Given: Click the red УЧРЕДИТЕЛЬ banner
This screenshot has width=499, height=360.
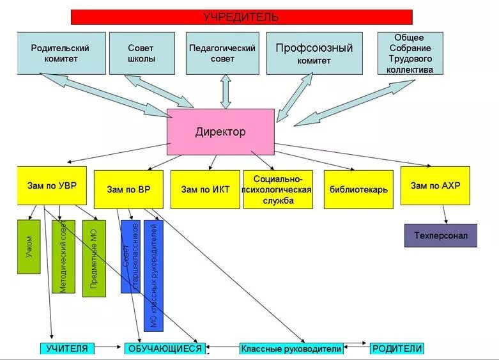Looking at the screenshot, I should pos(241,17).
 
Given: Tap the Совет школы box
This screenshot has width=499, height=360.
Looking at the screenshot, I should pos(141,53).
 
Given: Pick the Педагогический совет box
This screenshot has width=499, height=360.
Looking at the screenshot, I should pos(222,53).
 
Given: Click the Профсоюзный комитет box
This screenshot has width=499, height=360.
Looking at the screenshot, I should pos(314,53).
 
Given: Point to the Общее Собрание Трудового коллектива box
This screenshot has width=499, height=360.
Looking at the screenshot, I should pos(409,53).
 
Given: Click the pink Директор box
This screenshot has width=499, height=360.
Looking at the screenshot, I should pos(220,132).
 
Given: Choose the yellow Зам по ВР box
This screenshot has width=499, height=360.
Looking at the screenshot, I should pos(128,189).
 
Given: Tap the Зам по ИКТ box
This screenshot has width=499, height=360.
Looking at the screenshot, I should pos(205,189).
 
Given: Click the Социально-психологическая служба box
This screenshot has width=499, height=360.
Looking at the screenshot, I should pos(278,189).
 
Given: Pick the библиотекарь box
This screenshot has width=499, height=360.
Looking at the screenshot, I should pos(358,189).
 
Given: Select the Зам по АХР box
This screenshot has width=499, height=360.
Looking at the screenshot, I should pos(435,185).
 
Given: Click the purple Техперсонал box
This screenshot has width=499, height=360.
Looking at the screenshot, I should pos(441,235).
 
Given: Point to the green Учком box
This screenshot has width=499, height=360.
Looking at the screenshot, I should pos(29,247).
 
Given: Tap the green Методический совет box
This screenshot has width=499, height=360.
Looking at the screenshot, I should pos(63,256).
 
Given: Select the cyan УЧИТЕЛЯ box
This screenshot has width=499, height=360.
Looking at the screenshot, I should pos(68,348).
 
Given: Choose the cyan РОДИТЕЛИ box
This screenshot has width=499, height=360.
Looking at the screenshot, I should pos(397,348).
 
